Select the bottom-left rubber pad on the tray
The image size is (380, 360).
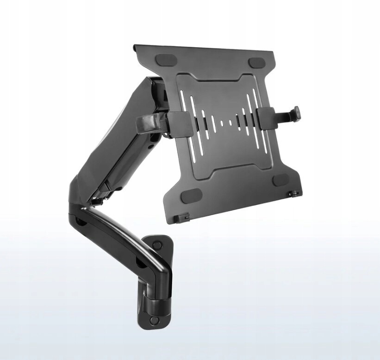(190, 195)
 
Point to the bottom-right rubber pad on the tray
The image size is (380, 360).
(280, 180)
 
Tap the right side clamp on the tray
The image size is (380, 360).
(267, 118)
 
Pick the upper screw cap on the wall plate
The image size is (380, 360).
(157, 245)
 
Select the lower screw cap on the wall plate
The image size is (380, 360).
(153, 320)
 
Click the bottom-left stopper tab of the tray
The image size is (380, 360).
(183, 216)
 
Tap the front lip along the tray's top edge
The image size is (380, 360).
(204, 49)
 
